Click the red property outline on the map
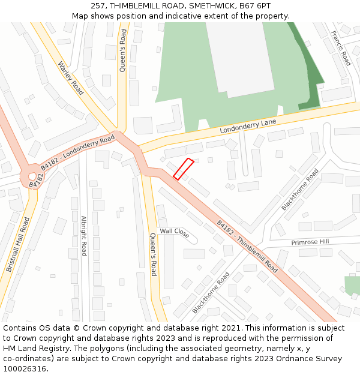(183, 169)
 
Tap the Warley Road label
(71, 78)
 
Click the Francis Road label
(341, 49)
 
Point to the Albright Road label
(84, 236)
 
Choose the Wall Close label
(175, 232)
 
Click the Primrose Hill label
(310, 242)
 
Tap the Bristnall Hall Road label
(18, 245)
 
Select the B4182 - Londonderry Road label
(79, 154)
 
